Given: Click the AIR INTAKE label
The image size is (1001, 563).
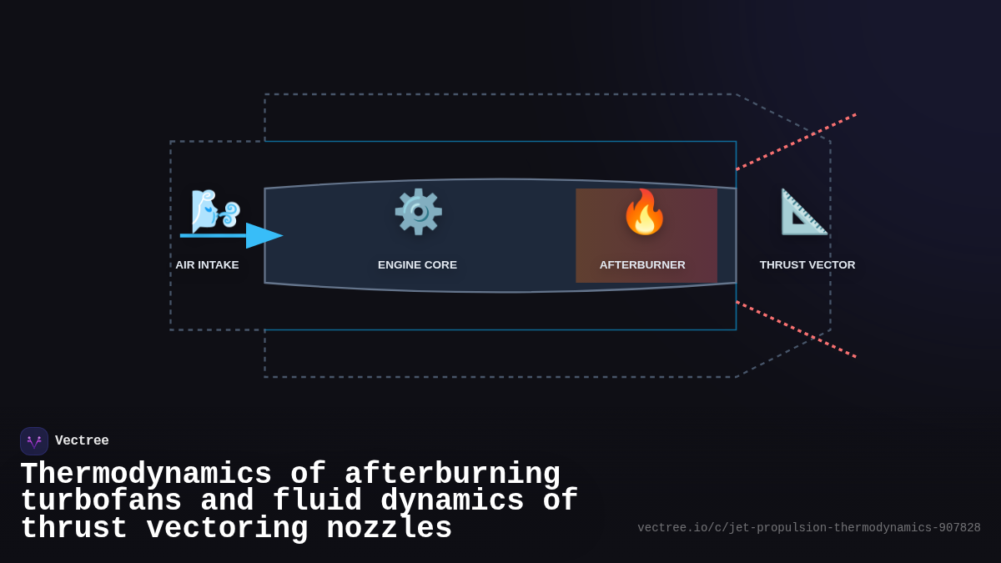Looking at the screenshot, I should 207,265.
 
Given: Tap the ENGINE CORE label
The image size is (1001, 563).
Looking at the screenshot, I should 417,265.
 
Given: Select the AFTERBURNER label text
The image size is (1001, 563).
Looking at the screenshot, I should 642,265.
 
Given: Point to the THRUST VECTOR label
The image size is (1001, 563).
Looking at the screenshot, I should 807,265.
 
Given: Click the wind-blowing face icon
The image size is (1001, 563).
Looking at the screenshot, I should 214,210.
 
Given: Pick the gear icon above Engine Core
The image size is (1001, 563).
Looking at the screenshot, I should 418,212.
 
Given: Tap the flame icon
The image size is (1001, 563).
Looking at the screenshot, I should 644,212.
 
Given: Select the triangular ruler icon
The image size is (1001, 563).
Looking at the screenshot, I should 803,212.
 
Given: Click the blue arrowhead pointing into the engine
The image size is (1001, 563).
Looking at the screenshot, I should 264,236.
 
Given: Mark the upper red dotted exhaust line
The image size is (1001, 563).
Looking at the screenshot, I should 797,142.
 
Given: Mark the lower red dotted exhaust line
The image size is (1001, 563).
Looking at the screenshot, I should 797,329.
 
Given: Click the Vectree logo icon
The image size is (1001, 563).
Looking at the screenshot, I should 34,441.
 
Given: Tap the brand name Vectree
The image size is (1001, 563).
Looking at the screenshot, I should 82,441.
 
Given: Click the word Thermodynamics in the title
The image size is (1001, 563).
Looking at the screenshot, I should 146,475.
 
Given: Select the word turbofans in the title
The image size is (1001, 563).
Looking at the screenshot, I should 101,501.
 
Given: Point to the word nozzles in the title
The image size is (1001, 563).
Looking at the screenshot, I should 389,529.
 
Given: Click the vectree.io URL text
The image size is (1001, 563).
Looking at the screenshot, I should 808,528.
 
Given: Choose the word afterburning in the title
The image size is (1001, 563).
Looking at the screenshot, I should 452,475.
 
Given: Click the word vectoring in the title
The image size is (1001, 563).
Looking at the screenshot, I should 227,529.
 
